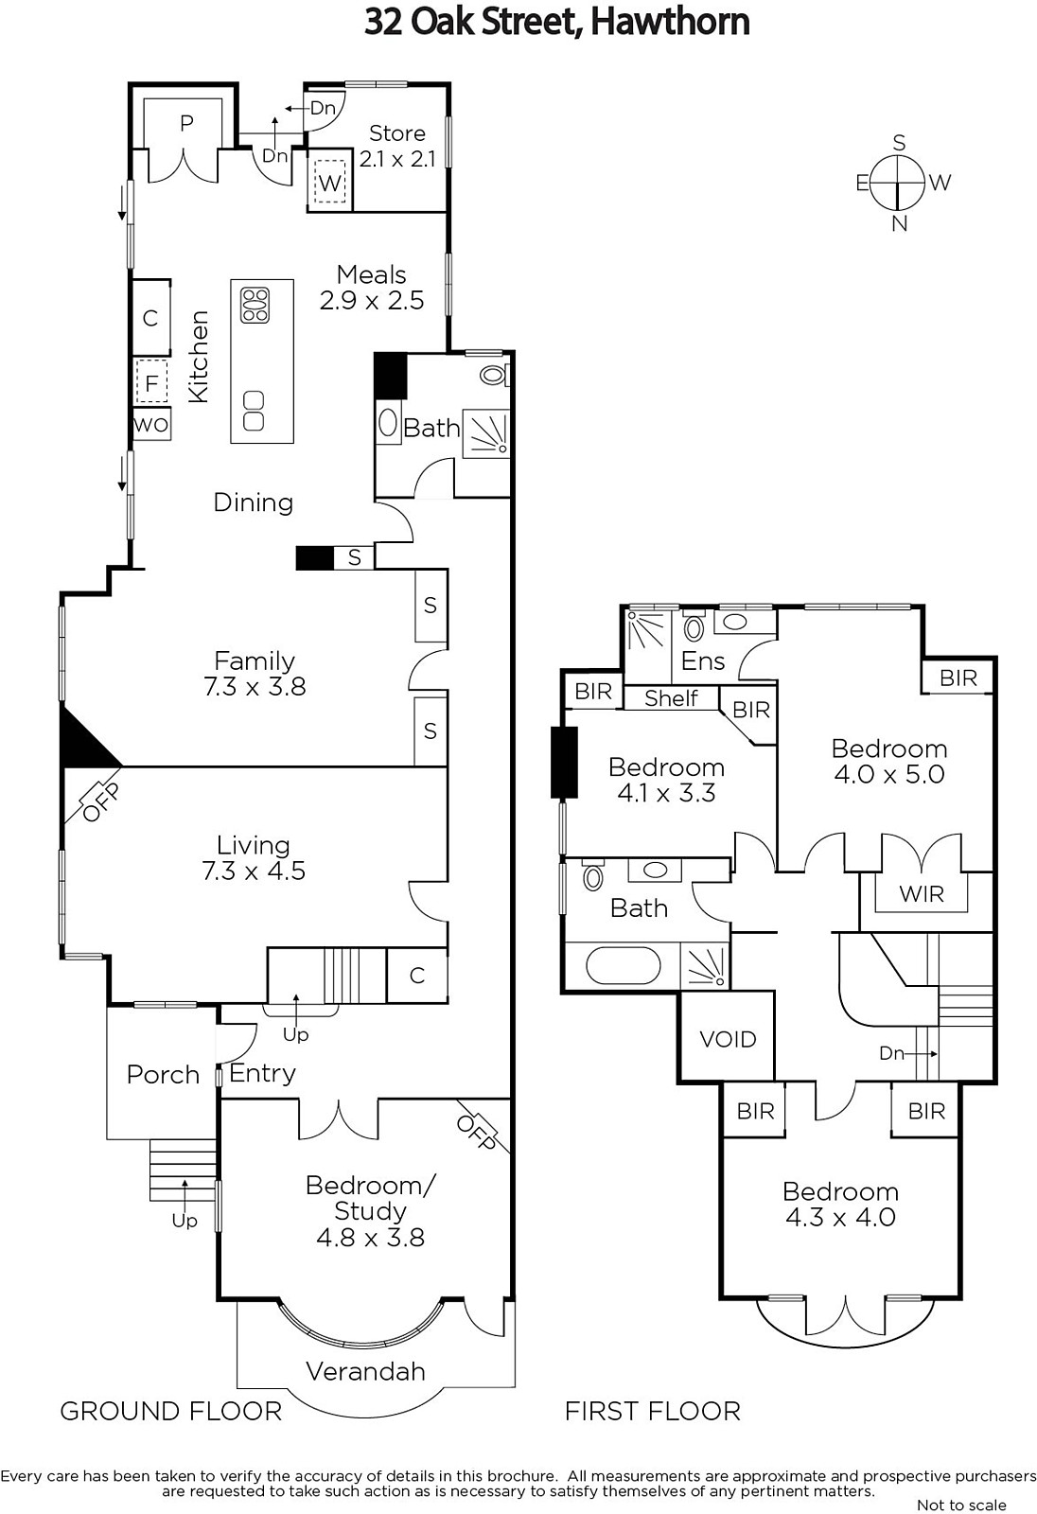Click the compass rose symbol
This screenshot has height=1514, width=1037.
pyautogui.click(x=898, y=183)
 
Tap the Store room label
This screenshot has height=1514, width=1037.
pyautogui.click(x=396, y=133)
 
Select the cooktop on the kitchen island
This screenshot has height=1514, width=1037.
pyautogui.click(x=255, y=306)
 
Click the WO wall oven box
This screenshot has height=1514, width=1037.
pyautogui.click(x=151, y=425)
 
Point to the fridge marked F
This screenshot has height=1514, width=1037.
pyautogui.click(x=151, y=383)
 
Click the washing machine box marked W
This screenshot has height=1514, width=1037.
pyautogui.click(x=330, y=182)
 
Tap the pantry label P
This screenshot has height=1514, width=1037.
pyautogui.click(x=186, y=123)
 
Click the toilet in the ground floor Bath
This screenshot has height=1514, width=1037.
pyautogui.click(x=494, y=375)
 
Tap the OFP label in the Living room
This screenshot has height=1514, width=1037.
pyautogui.click(x=100, y=802)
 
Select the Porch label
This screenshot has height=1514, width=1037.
pyautogui.click(x=163, y=1074)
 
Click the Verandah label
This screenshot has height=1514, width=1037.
pyautogui.click(x=366, y=1371)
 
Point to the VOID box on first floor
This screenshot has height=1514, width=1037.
pyautogui.click(x=728, y=1038)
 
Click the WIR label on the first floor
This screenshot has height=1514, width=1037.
pyautogui.click(x=922, y=893)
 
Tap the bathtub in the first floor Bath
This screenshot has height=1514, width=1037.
pyautogui.click(x=623, y=965)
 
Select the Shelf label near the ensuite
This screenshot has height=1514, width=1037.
pyautogui.click(x=671, y=697)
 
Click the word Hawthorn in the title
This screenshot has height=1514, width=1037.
pyautogui.click(x=670, y=22)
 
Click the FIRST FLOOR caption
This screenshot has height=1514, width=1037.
pyautogui.click(x=652, y=1411)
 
